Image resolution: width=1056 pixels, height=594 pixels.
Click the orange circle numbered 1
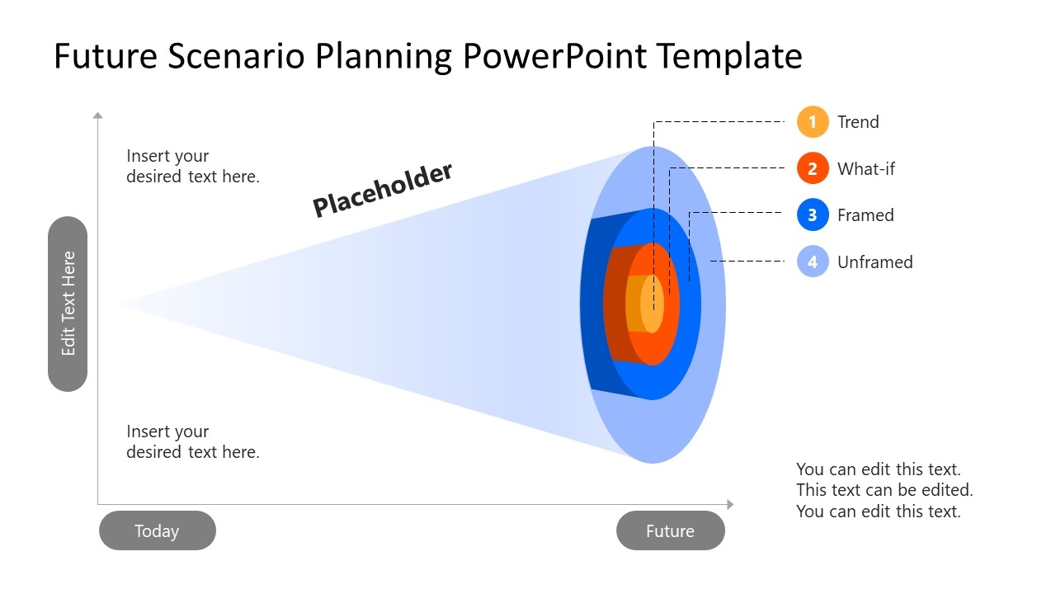coord(813,121)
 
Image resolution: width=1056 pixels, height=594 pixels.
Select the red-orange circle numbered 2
coord(813,167)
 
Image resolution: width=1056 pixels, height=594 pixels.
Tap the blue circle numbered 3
coord(813,214)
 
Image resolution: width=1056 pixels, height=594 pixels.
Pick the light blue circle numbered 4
coord(813,262)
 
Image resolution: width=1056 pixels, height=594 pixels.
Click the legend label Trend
coord(858,122)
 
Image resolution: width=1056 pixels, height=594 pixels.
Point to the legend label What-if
coord(866,168)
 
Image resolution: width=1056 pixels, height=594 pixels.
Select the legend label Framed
coord(865,215)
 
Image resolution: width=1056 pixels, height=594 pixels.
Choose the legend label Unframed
coord(875,262)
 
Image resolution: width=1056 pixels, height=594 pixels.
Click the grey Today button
coord(158,530)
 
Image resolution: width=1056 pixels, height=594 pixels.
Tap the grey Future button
coord(671,530)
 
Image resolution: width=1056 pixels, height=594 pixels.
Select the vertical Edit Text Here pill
coord(68,304)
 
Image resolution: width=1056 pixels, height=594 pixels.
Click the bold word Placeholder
coord(382,190)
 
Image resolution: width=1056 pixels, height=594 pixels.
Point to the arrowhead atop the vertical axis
coord(97,115)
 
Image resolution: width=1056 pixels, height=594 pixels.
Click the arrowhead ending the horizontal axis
coord(730,504)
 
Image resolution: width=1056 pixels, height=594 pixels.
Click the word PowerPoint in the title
coord(554,56)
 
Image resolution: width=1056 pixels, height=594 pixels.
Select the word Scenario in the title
coord(236,56)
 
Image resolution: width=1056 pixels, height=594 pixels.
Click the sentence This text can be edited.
coord(884,490)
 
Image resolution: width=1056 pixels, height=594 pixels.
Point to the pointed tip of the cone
coord(118,304)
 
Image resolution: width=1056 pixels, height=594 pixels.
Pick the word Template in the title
coord(729,56)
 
